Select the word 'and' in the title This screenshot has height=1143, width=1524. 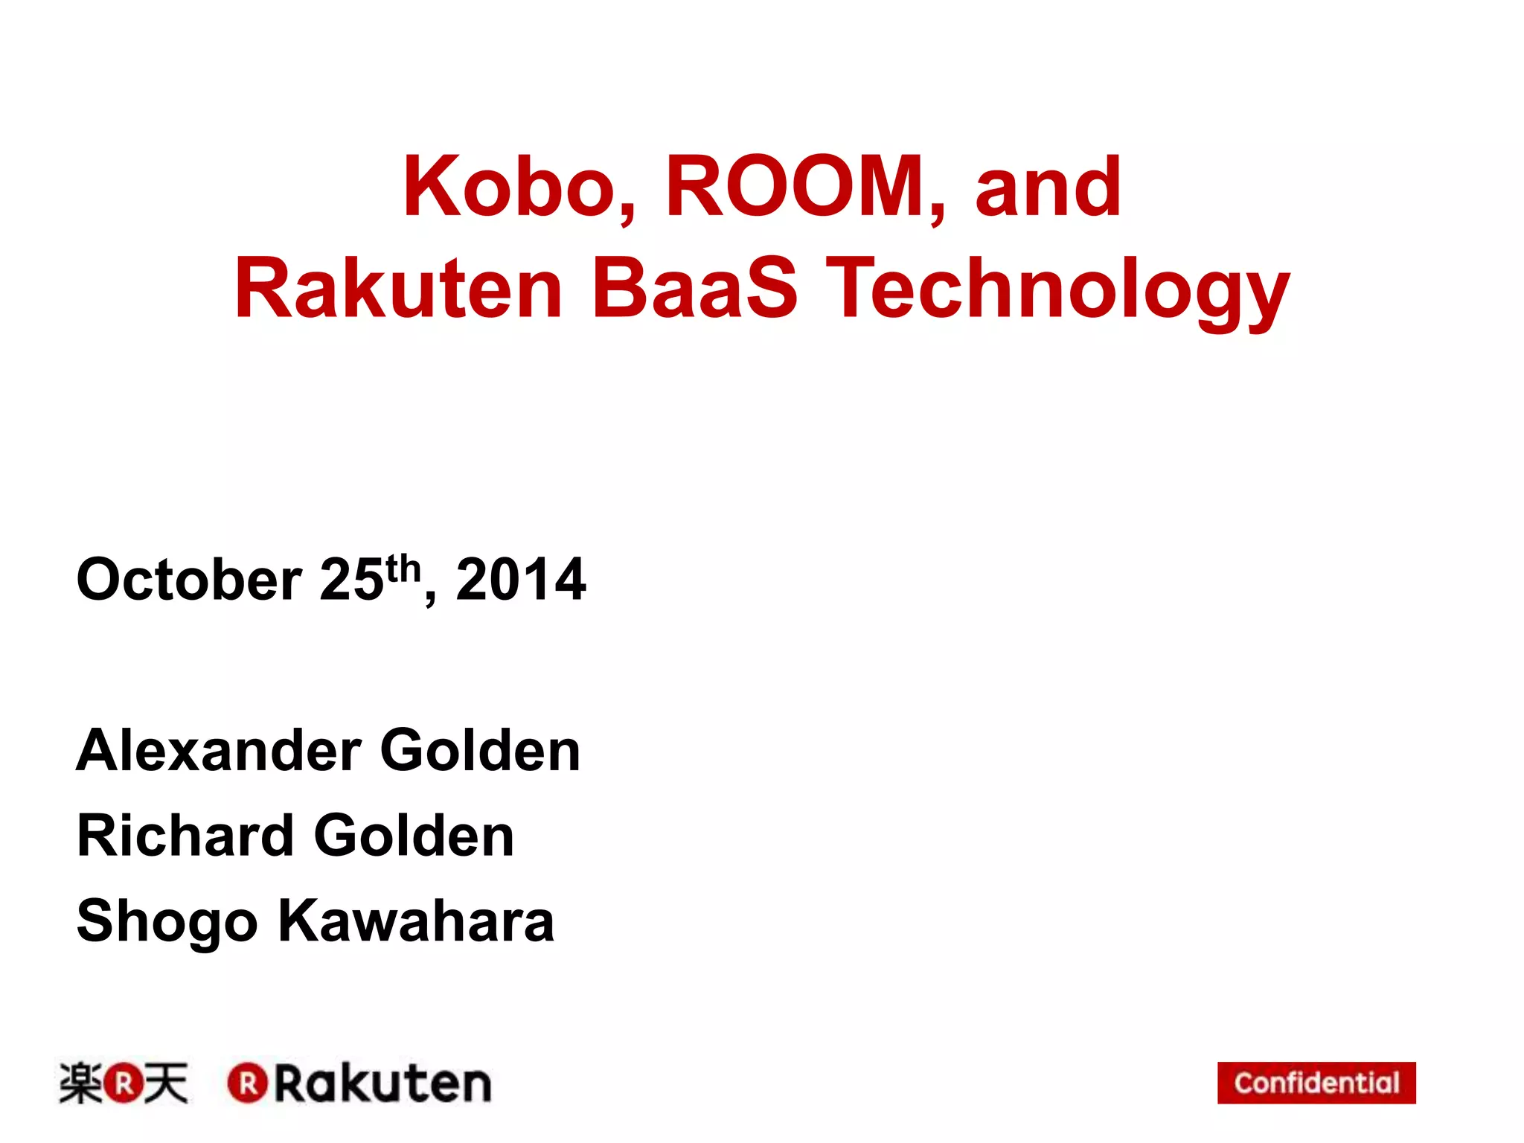[x=1047, y=188]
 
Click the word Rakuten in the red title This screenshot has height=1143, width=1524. [x=398, y=289]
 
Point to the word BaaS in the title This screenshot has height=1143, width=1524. [x=695, y=289]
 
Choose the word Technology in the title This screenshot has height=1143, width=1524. [x=1058, y=292]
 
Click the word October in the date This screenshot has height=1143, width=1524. [x=189, y=580]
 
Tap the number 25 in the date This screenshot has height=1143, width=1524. [x=351, y=580]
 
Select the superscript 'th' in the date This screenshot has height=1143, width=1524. [x=403, y=569]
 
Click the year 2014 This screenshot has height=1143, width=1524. [x=521, y=580]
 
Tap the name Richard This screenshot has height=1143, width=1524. [x=186, y=836]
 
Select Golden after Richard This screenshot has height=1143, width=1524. [x=414, y=836]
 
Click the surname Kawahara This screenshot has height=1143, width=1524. [x=416, y=921]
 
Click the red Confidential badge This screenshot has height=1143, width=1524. [x=1316, y=1083]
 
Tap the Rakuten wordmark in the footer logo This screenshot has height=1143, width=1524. [x=382, y=1083]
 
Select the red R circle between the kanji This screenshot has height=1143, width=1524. [x=123, y=1083]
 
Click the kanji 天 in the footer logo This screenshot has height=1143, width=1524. [x=165, y=1083]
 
